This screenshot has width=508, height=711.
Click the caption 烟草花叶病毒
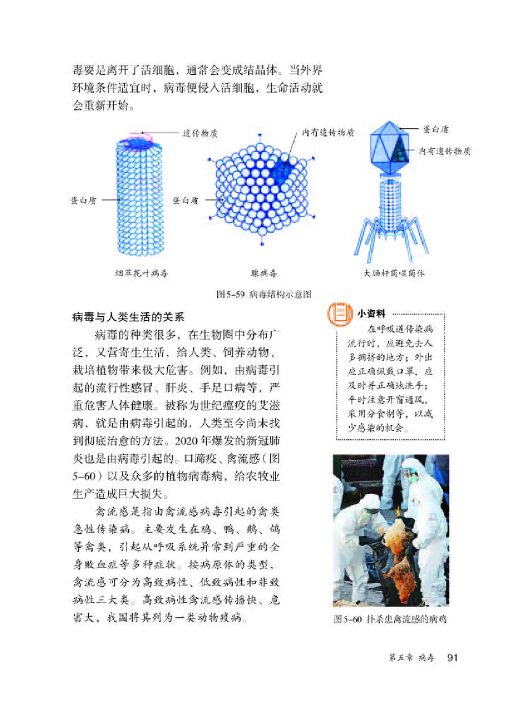click(x=137, y=274)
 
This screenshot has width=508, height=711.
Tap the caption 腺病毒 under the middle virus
click(x=264, y=274)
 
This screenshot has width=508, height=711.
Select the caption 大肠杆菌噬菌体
click(x=394, y=274)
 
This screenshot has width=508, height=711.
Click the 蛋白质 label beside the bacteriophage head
click(x=436, y=129)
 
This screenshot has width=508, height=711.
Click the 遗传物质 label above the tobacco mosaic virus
click(x=201, y=133)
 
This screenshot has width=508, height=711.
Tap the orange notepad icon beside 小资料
click(x=338, y=314)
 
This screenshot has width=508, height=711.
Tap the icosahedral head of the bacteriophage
click(x=391, y=147)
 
